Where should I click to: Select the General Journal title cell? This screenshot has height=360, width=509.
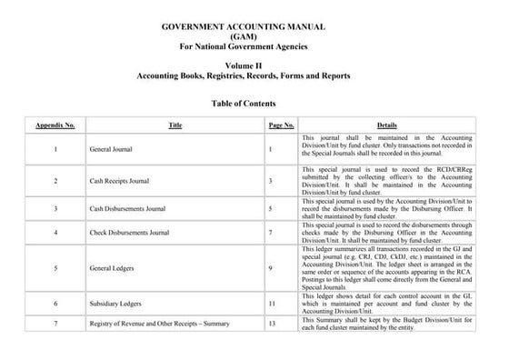[114, 147]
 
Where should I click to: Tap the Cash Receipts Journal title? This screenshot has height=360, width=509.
[122, 181]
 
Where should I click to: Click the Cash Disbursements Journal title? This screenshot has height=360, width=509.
[128, 208]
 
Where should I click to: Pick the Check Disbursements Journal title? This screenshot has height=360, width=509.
[129, 233]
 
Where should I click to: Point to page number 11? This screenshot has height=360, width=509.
[272, 302]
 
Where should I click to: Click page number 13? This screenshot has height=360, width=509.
[272, 324]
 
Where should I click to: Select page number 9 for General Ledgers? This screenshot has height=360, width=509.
[271, 269]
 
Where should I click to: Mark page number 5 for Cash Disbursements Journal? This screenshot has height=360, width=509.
[271, 208]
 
